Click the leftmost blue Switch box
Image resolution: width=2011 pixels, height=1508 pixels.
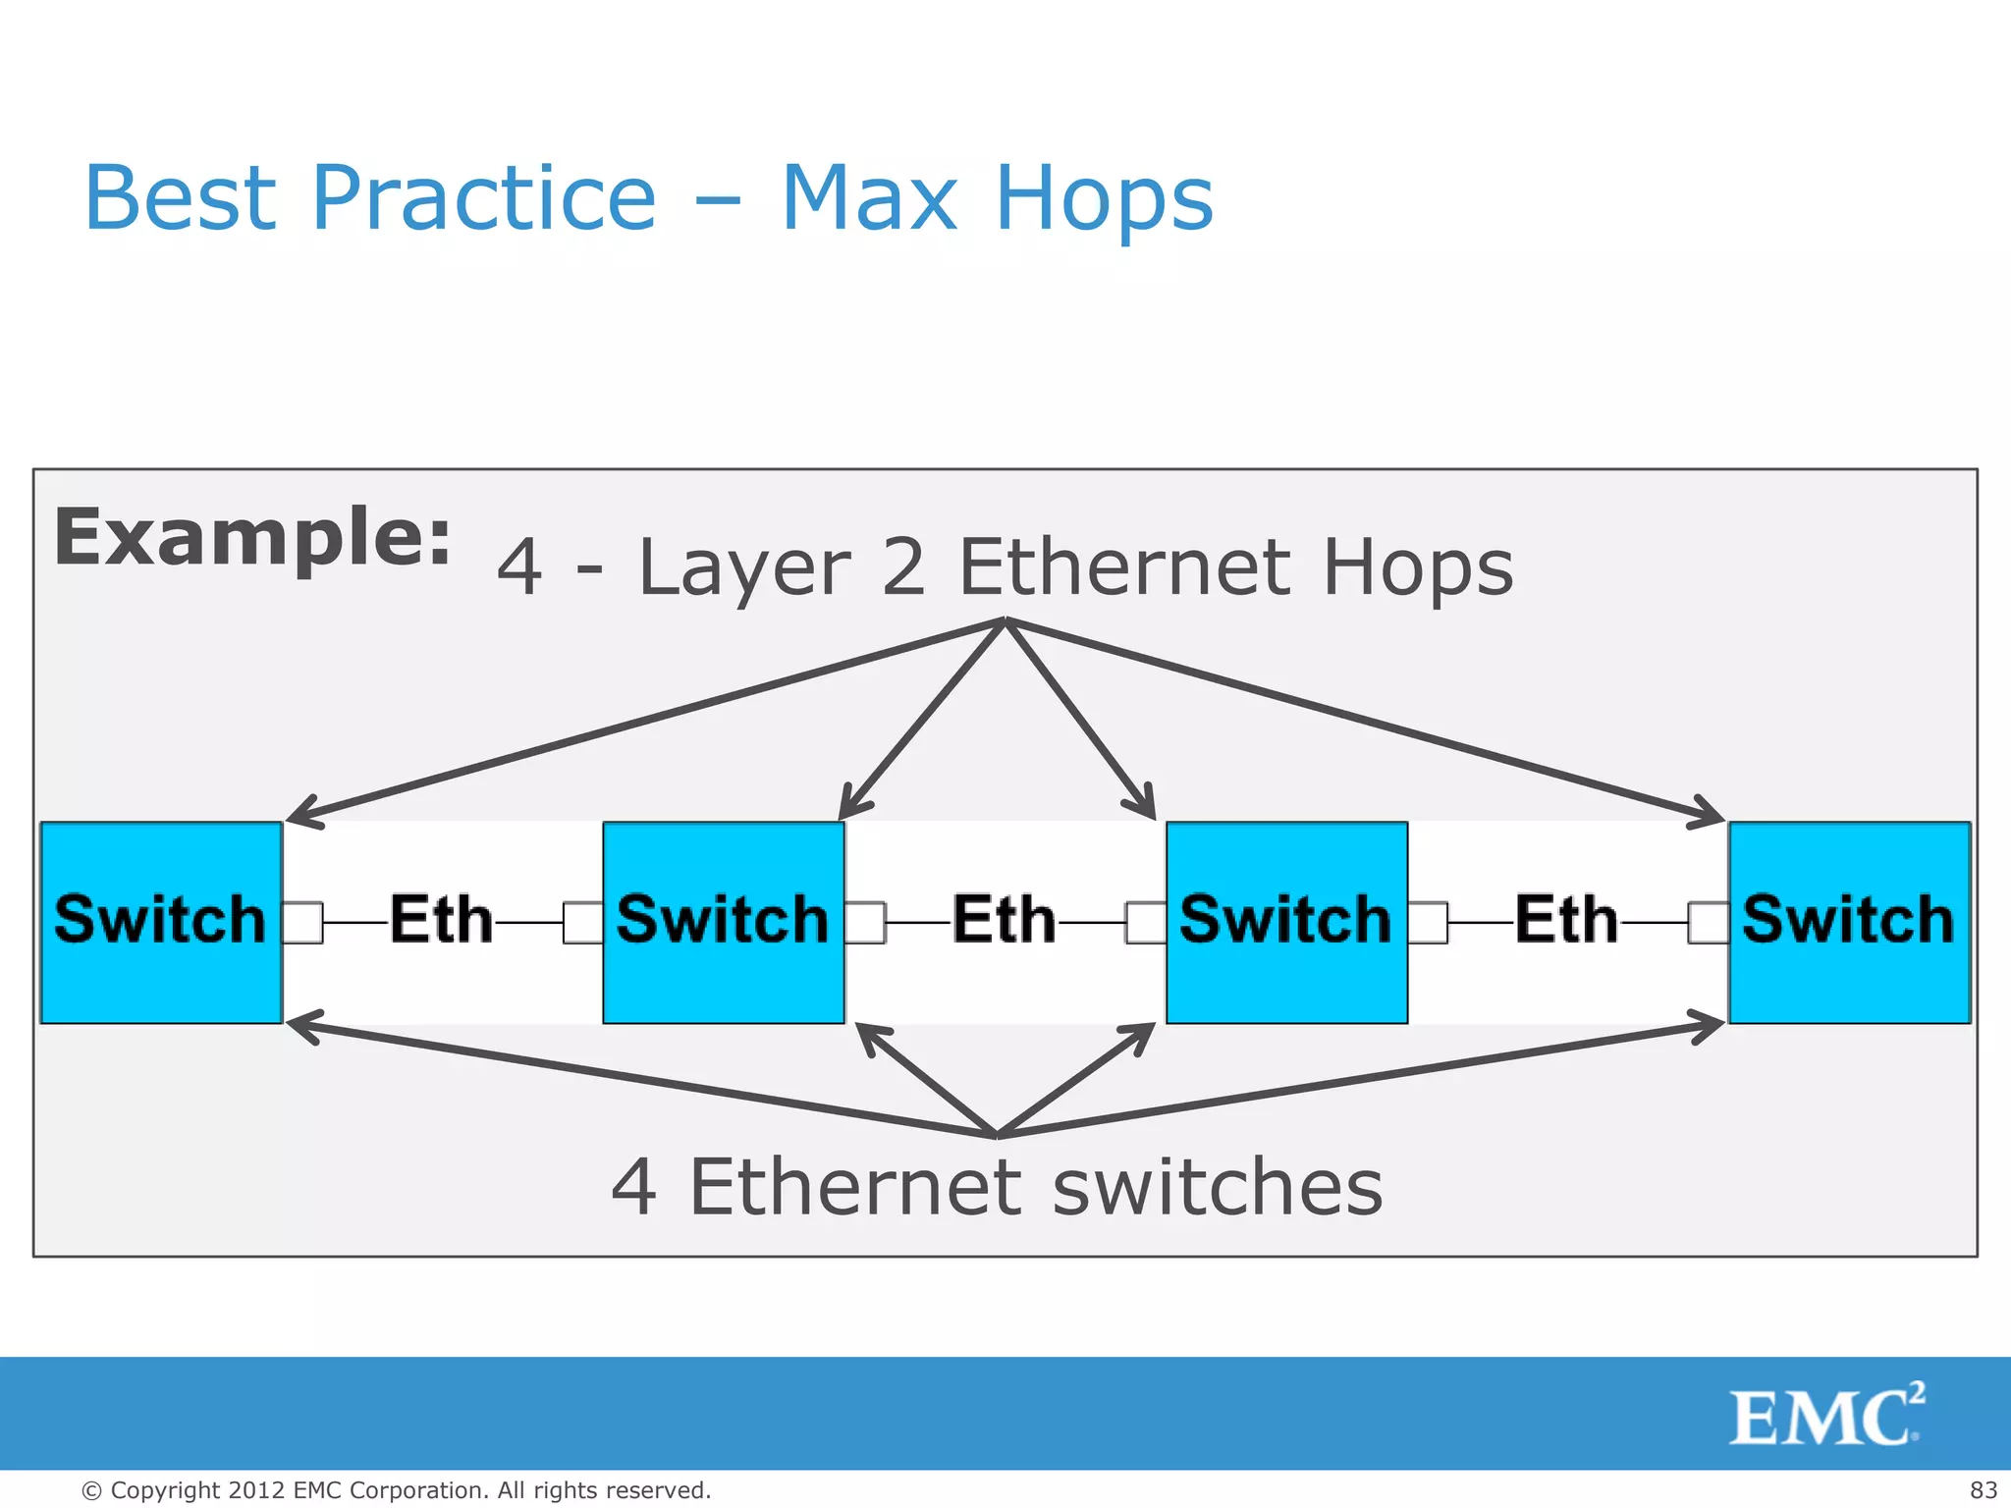click(x=161, y=922)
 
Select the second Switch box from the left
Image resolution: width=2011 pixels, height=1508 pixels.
click(x=724, y=922)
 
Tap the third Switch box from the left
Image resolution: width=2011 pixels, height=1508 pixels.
click(x=1286, y=922)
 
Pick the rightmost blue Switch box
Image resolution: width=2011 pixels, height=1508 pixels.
click(x=1849, y=922)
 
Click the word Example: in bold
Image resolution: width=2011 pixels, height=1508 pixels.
click(x=252, y=538)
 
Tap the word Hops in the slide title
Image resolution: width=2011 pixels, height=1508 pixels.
click(x=1104, y=198)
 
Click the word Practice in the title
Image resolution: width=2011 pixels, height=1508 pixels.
click(x=483, y=198)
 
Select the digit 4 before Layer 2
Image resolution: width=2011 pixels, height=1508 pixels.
click(x=519, y=567)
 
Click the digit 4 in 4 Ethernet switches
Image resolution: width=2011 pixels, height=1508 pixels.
click(x=633, y=1188)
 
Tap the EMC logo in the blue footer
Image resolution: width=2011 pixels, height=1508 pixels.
click(x=1825, y=1415)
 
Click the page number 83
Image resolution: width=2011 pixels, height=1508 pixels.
click(x=1983, y=1490)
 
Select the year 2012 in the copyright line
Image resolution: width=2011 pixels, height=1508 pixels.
click(x=257, y=1490)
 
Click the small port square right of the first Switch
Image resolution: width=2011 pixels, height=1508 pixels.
click(x=303, y=923)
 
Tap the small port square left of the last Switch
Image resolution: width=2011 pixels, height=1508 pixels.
click(x=1708, y=923)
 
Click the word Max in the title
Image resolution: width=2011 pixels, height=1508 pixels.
click(x=869, y=198)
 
